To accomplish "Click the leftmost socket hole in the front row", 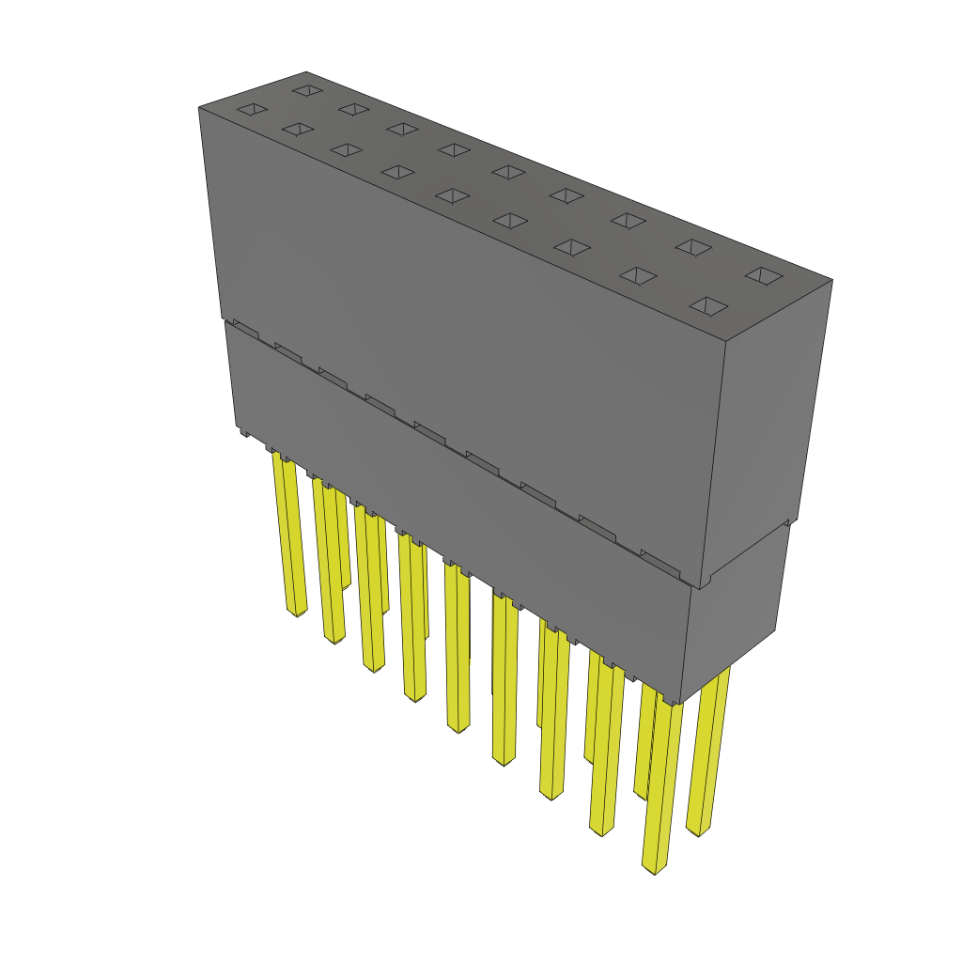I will (252, 110).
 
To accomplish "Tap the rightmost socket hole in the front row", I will (709, 307).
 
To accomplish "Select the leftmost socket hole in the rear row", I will (307, 90).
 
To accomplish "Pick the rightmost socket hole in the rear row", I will (764, 276).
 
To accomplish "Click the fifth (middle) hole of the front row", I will (454, 195).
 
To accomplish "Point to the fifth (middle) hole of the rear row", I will (508, 172).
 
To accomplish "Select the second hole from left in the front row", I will (297, 129).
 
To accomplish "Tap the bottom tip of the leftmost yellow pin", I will (297, 613).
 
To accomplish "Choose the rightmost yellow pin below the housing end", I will (706, 752).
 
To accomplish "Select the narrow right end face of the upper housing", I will (766, 423).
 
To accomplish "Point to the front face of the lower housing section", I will (460, 526).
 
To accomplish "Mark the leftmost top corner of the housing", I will (199, 108).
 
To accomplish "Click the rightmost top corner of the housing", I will (832, 279).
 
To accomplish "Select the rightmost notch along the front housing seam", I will (660, 562).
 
